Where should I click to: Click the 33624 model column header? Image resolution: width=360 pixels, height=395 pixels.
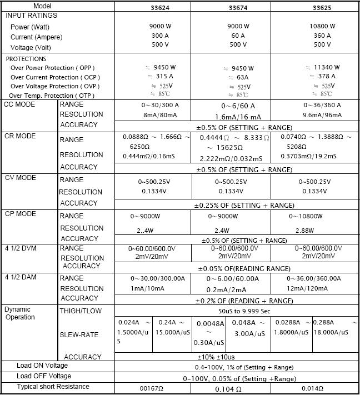[x=153, y=7]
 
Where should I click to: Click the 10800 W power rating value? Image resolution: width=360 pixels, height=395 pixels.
[x=322, y=26]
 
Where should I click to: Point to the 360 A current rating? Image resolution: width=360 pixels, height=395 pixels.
[x=322, y=36]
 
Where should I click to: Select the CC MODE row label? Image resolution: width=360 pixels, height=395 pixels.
[x=20, y=104]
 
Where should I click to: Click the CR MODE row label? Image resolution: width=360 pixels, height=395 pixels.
[x=20, y=136]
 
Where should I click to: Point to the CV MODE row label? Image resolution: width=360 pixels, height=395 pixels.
[x=20, y=178]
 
